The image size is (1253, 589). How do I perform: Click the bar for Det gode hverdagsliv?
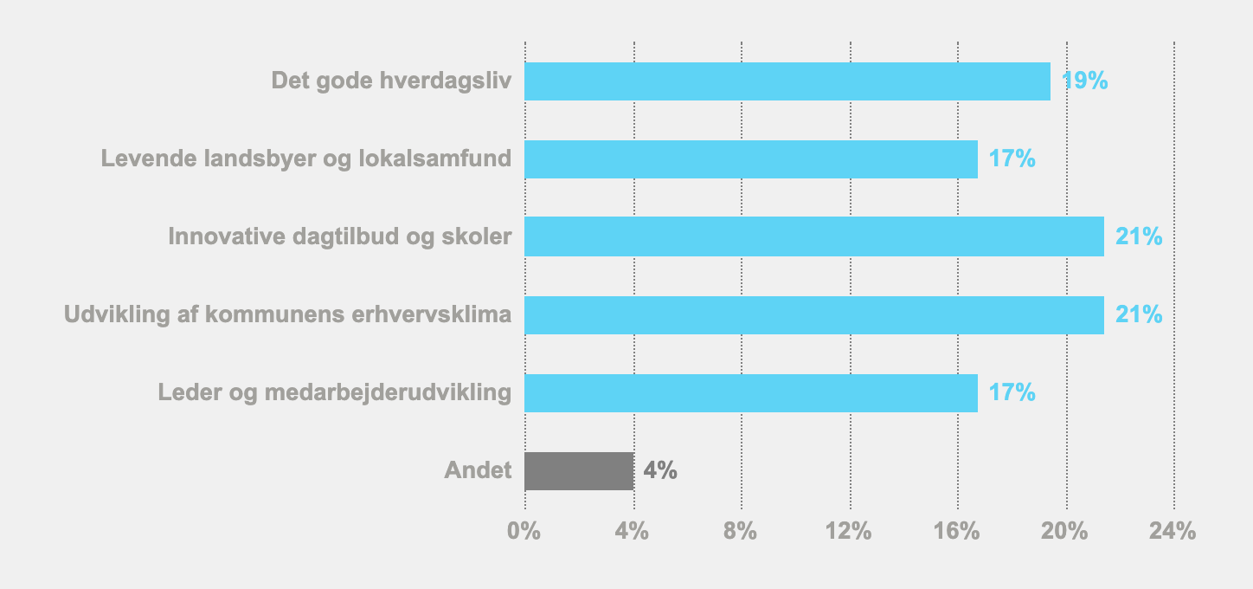click(787, 81)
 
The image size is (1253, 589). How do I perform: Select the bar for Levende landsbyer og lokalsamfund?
click(751, 159)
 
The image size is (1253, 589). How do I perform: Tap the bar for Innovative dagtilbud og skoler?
click(814, 236)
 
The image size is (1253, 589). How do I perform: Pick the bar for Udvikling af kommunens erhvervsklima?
click(814, 315)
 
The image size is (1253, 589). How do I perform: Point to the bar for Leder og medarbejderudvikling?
click(751, 393)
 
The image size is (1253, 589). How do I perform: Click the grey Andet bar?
click(579, 471)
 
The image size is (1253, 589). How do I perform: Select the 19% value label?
click(1085, 81)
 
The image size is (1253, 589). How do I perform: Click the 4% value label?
click(660, 471)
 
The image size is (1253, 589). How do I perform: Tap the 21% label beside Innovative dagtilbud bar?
click(1139, 236)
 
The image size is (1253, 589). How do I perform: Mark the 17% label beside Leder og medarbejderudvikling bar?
click(1012, 393)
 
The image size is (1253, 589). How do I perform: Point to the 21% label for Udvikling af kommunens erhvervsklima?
click(1139, 315)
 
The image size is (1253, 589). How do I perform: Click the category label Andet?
click(478, 471)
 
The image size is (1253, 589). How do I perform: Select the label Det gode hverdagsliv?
click(391, 81)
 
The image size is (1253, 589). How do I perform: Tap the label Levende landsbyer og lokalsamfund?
click(306, 159)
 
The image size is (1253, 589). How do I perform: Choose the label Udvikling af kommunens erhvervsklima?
click(288, 315)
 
